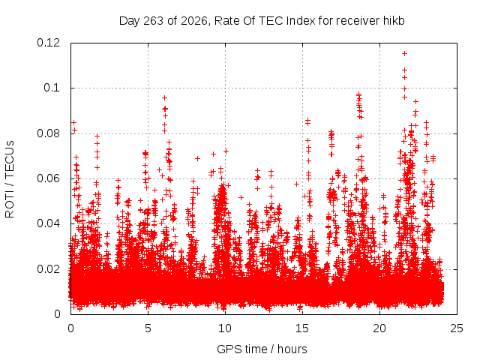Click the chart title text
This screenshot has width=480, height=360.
[262, 21]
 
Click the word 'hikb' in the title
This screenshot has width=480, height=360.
[394, 21]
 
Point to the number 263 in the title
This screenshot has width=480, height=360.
[154, 21]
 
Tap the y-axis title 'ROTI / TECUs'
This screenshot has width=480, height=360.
[10, 179]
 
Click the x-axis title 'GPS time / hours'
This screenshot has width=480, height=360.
[262, 349]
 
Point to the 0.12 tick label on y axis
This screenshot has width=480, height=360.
[48, 43]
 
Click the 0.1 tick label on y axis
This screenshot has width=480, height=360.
[52, 88]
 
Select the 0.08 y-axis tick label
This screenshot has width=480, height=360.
[48, 133]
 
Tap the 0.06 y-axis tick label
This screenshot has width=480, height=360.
[48, 178]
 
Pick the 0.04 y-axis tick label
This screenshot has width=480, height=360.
[48, 223]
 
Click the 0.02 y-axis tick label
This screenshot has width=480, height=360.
[48, 269]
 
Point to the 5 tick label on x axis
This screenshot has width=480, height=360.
[148, 328]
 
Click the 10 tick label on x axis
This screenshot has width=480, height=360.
[225, 328]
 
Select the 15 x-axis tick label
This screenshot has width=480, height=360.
[302, 328]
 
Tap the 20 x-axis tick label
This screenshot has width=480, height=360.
[379, 328]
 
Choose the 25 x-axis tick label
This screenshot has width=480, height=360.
[457, 328]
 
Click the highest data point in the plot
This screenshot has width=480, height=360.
[404, 53]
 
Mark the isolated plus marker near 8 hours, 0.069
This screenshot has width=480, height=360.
[197, 158]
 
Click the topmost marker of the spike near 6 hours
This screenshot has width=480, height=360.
[164, 98]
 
